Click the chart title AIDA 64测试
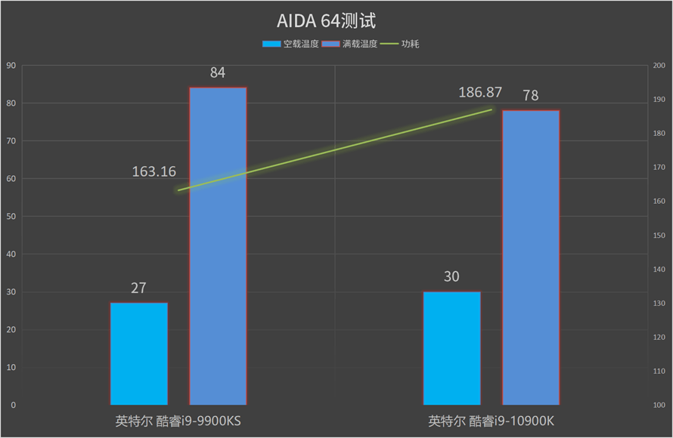[x=336, y=20]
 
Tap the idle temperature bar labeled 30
[x=451, y=348]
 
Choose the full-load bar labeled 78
[x=531, y=258]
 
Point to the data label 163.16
[x=154, y=171]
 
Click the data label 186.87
[x=480, y=92]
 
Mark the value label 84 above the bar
[x=218, y=73]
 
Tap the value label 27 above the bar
[x=138, y=288]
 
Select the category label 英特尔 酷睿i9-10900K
[x=492, y=421]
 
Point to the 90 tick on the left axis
[x=11, y=66]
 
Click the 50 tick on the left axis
[x=11, y=217]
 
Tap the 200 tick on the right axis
[x=659, y=66]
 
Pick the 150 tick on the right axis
[x=659, y=236]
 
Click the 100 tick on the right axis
[x=659, y=406]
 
